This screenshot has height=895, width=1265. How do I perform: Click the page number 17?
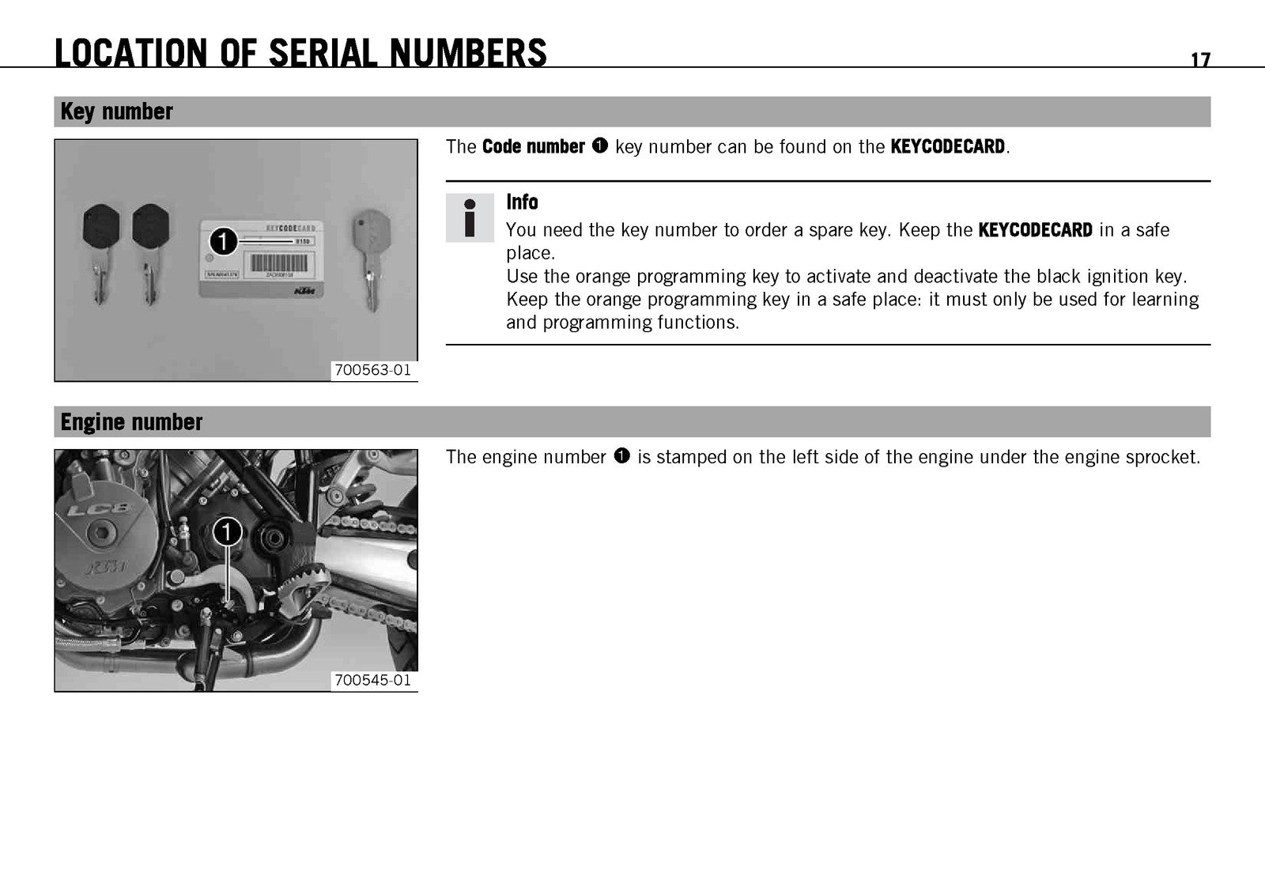(x=1201, y=59)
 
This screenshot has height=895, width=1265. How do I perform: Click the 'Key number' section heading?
(x=116, y=111)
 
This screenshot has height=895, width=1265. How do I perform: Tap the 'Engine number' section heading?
(x=131, y=422)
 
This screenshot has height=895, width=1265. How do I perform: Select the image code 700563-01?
(x=372, y=370)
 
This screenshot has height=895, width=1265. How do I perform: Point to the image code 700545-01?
(x=372, y=680)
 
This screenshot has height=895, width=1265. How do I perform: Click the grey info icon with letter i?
(x=470, y=218)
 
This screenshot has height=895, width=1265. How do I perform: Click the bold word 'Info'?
(x=522, y=202)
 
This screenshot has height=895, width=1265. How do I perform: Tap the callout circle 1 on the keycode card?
(x=224, y=242)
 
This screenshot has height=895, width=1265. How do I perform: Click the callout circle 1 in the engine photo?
(x=227, y=532)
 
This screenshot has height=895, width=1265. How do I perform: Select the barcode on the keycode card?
(x=279, y=262)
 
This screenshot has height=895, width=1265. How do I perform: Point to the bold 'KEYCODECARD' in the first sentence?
(x=948, y=146)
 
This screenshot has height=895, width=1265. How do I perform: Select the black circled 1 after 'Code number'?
(x=600, y=145)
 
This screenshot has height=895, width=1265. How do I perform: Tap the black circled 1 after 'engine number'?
(x=621, y=455)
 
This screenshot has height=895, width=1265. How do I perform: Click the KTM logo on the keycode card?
(x=305, y=291)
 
